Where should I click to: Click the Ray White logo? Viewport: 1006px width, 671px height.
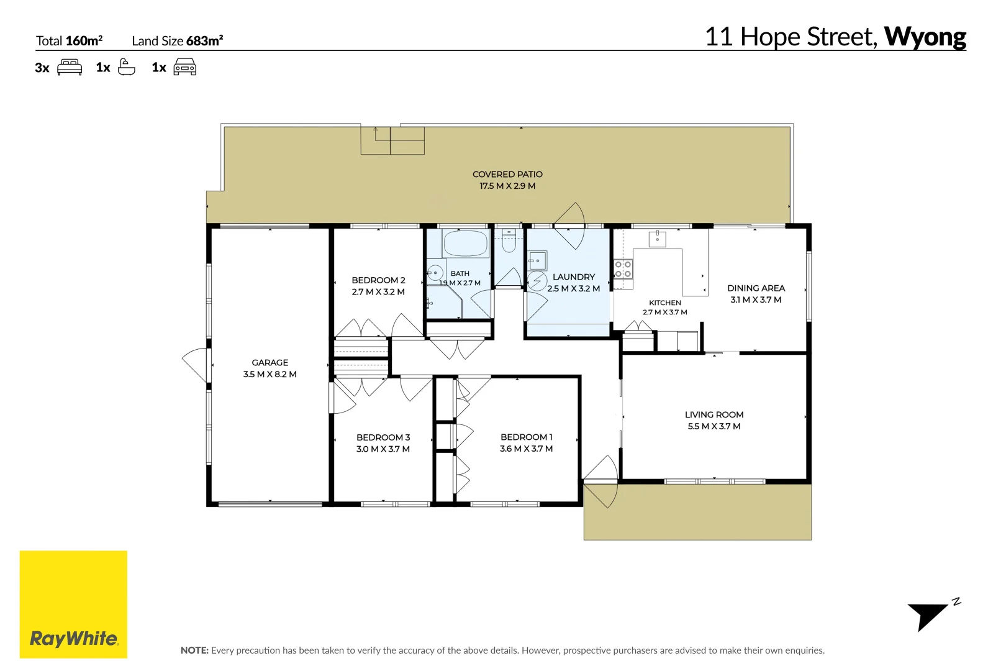point(73,605)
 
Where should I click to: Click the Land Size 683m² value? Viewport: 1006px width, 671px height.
point(205,41)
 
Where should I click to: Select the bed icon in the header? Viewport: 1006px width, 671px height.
point(70,67)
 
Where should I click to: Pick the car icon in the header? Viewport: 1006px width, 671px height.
point(185,67)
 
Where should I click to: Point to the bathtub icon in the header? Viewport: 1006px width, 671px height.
point(126,67)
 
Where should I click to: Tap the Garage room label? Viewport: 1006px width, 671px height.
point(270,363)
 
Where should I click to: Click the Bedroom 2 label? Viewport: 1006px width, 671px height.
point(378,280)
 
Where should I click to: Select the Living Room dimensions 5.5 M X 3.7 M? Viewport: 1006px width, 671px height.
point(714,426)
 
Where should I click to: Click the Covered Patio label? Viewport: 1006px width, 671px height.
point(507,175)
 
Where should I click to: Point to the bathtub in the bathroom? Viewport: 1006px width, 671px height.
point(466,243)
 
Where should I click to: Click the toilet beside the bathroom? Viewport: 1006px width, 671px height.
point(509,241)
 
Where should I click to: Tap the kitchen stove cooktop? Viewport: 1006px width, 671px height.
point(623,270)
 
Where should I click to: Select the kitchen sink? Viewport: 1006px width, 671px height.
point(658,239)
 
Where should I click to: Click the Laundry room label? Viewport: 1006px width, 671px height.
point(574,277)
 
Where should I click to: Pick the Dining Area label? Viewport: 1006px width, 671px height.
point(756,288)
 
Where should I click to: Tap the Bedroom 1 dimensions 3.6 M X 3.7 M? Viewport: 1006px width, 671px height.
point(527,449)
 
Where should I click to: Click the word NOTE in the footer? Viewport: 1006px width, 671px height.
point(194,650)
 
